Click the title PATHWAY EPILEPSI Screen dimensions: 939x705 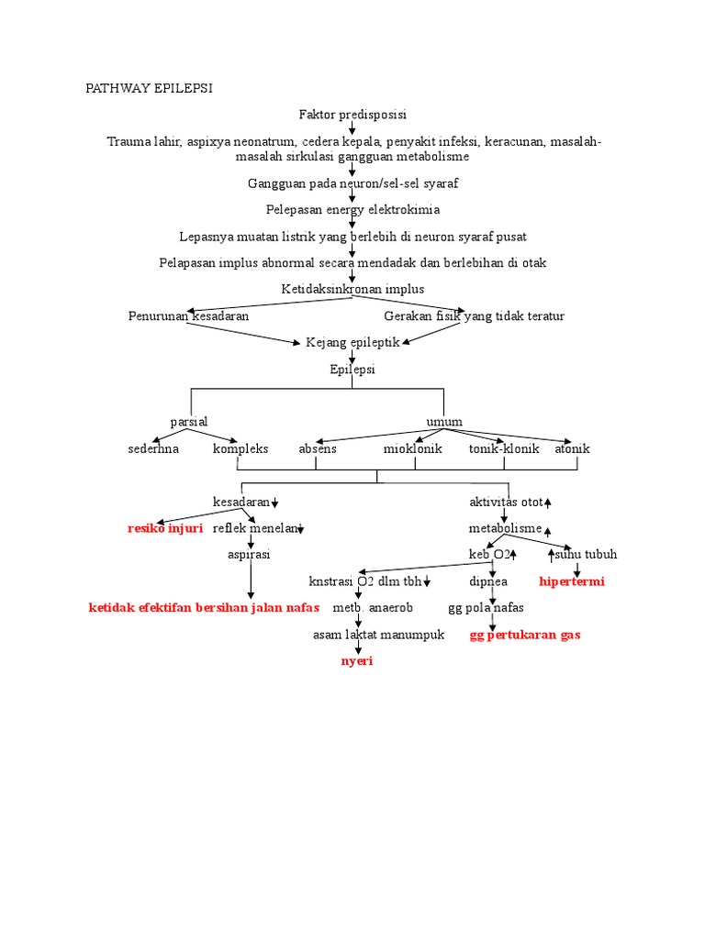pos(149,88)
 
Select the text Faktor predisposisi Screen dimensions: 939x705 pos(352,115)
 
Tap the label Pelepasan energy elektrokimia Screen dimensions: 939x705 pos(352,209)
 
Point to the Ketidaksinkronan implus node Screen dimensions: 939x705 pos(352,289)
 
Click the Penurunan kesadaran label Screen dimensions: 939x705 pos(188,316)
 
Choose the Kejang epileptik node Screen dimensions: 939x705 pos(352,343)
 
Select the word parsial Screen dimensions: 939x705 pos(189,422)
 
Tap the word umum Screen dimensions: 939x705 pos(444,422)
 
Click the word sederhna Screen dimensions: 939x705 pos(153,449)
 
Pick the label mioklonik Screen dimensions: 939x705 pos(413,449)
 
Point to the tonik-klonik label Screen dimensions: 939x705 pos(504,449)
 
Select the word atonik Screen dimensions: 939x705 pos(573,449)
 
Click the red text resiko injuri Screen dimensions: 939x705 pos(165,529)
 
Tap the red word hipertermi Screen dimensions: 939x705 pos(572,581)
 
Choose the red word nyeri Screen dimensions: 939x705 pos(357,661)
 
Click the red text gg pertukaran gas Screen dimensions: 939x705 pos(525,635)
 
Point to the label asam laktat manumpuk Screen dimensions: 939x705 pos(378,635)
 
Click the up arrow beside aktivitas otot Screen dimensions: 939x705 pos(548,503)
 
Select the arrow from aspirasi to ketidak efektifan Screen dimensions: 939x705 pos(250,581)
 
